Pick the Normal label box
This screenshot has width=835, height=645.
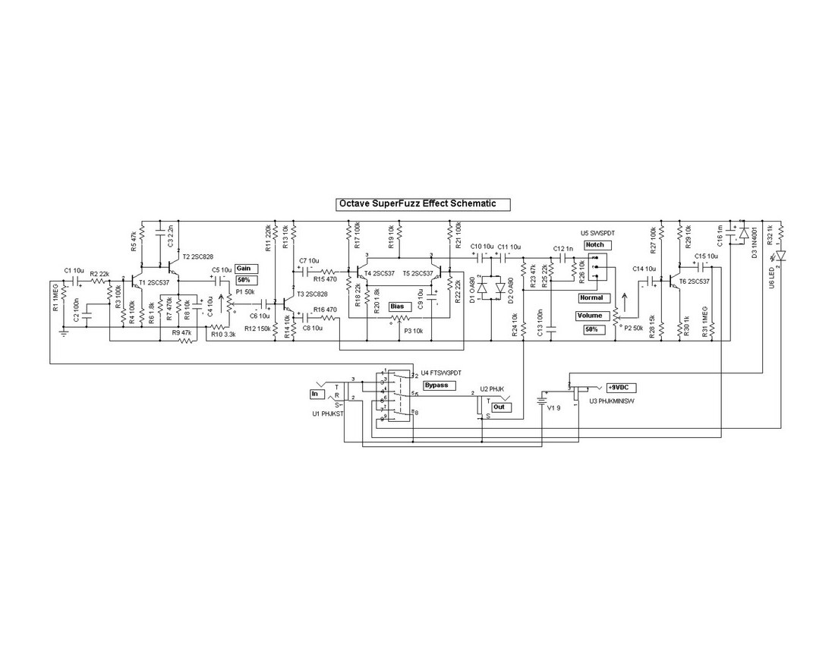click(590, 297)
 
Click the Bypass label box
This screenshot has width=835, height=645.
click(436, 385)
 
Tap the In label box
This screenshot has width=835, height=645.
click(315, 394)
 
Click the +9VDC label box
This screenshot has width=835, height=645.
click(620, 387)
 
